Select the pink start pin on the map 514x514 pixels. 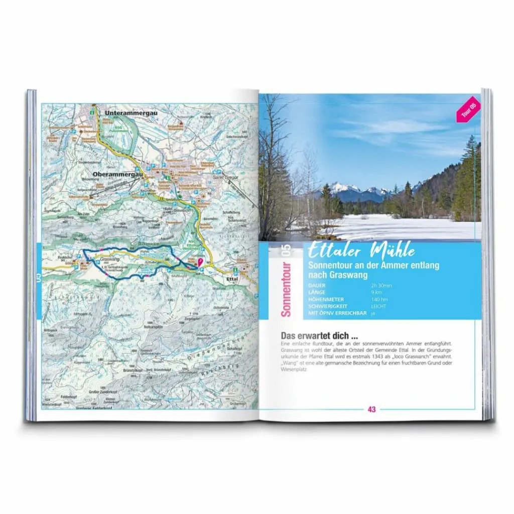click(x=200, y=261)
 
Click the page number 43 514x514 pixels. click(x=371, y=409)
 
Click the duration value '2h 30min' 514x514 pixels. click(x=382, y=285)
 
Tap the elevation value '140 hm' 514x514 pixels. click(x=379, y=299)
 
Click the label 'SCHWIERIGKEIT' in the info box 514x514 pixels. click(x=326, y=306)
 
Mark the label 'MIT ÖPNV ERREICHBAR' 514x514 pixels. click(x=336, y=313)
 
